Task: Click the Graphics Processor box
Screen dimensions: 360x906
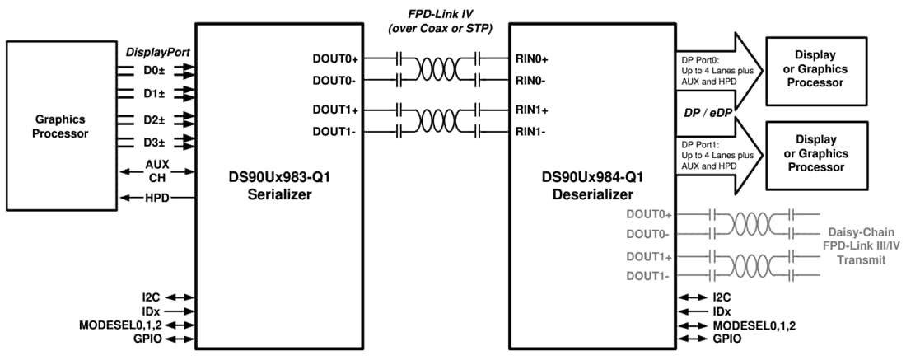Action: tap(58, 126)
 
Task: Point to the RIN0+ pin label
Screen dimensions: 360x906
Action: tap(532, 59)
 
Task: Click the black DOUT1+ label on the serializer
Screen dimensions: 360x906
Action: tap(335, 110)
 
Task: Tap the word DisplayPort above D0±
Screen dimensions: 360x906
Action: tap(158, 52)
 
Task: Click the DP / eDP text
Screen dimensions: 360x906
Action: tap(705, 111)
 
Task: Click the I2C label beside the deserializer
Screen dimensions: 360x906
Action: tap(722, 297)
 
